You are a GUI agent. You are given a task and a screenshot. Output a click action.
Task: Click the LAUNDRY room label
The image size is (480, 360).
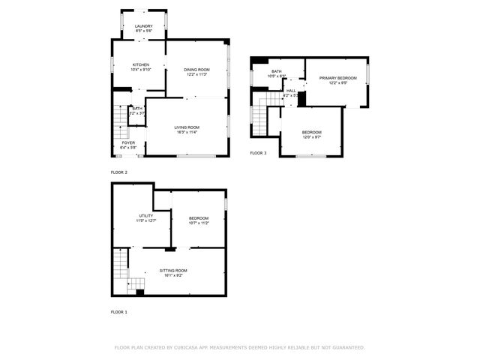tap(143, 26)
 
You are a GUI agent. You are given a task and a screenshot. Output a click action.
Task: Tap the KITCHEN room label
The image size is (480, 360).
tap(142, 65)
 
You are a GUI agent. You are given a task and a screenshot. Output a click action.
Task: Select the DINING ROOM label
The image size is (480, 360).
tap(196, 69)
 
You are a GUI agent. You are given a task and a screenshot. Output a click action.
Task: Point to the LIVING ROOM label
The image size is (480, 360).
tap(187, 127)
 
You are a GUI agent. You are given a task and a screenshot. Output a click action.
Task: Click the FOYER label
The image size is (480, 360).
tap(128, 142)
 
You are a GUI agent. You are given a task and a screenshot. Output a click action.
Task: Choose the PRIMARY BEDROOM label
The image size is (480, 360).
tap(337, 78)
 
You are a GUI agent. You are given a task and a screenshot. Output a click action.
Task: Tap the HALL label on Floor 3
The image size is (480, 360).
tap(291, 91)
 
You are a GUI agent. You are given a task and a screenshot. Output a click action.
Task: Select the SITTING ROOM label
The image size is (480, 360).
tap(173, 270)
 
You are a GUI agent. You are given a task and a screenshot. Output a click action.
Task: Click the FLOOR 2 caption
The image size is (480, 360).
tap(119, 172)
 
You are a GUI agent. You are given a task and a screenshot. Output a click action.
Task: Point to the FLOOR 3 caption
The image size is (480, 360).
tap(258, 153)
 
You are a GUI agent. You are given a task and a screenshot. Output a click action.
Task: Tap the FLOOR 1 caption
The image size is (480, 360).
tap(119, 311)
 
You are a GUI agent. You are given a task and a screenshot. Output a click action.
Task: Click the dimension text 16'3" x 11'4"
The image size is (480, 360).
tap(187, 133)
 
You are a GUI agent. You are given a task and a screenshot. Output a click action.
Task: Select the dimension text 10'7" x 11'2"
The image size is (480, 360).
tap(199, 223)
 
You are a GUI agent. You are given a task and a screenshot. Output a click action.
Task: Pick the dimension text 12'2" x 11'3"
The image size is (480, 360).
tap(196, 74)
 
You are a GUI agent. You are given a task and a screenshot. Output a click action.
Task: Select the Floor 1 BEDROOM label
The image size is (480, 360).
tap(199, 218)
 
